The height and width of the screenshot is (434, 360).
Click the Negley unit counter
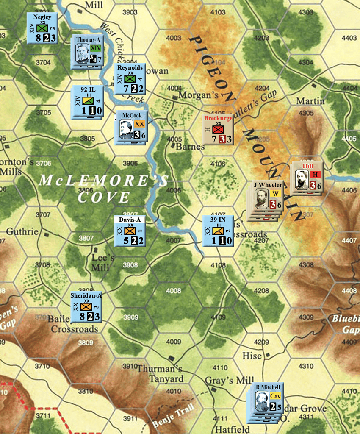[42, 28]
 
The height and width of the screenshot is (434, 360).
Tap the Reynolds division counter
[130, 78]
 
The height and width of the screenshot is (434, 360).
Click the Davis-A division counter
[130, 231]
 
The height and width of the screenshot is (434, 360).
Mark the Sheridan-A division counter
[86, 307]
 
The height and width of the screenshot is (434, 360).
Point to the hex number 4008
[174, 291]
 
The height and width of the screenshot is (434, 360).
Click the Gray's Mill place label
[229, 380]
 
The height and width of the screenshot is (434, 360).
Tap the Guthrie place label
[22, 232]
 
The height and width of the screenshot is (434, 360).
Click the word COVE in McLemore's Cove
[104, 197]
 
